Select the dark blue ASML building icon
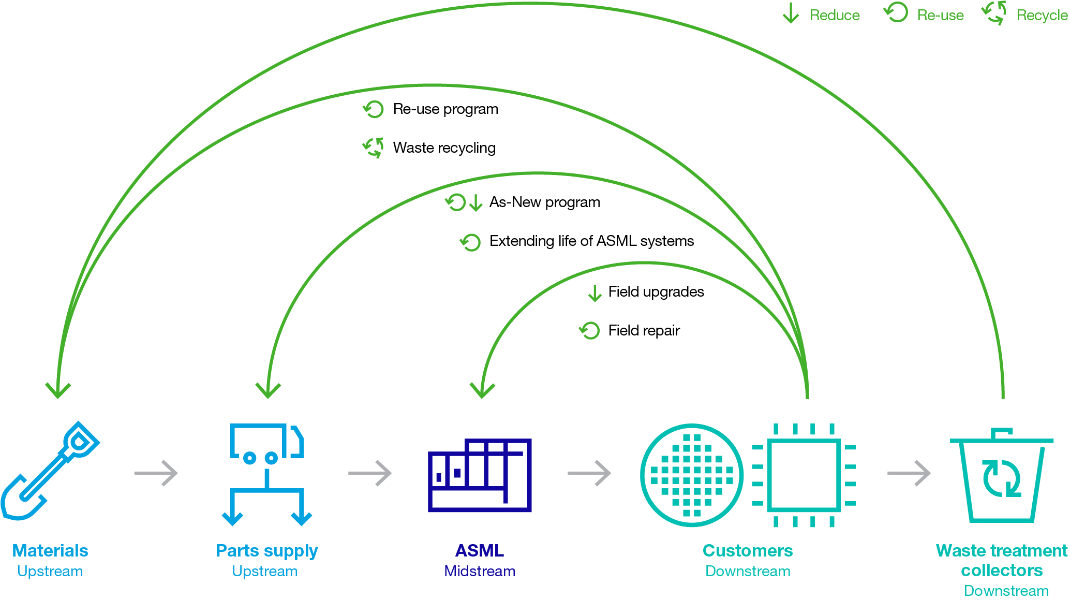[480, 475]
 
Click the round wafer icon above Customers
[692, 475]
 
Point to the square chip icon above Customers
[804, 475]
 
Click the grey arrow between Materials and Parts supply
[156, 473]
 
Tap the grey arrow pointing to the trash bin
[909, 473]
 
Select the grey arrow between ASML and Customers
[589, 473]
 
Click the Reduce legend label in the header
[834, 16]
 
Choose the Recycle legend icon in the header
[994, 13]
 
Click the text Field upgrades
[656, 292]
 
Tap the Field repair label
[644, 331]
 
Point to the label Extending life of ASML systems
[591, 241]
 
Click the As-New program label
[544, 202]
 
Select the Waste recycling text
[444, 148]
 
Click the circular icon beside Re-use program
[373, 109]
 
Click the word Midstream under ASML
[480, 571]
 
